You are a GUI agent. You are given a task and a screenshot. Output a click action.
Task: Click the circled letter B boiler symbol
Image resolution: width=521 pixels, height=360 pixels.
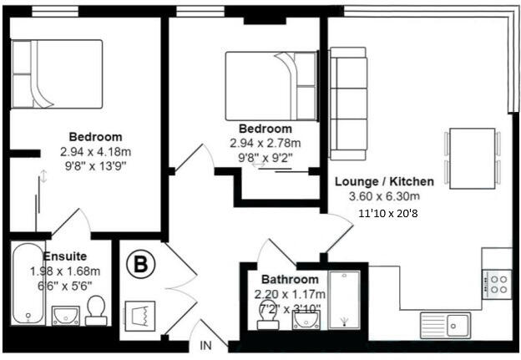tap(141, 265)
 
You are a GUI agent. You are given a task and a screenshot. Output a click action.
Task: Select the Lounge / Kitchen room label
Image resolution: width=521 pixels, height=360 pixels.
tap(384, 181)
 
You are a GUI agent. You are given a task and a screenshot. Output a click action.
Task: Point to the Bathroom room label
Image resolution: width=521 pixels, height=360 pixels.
tap(289, 279)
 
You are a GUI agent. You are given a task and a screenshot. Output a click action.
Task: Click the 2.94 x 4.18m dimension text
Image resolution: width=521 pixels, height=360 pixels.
tap(95, 152)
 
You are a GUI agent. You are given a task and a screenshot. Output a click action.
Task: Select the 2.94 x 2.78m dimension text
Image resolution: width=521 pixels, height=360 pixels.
tap(265, 143)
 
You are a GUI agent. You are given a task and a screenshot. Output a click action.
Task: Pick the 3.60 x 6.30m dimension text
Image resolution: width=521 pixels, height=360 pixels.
tap(384, 196)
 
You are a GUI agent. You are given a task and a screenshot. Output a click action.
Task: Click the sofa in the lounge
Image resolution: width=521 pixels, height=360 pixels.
tap(348, 104)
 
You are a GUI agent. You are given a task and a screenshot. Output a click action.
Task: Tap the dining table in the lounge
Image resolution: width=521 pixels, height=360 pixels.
tap(472, 159)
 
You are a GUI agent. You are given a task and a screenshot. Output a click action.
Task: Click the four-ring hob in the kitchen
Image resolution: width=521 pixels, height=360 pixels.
tap(498, 283)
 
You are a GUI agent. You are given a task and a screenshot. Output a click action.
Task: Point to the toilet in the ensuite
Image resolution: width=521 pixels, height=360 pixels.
tap(95, 310)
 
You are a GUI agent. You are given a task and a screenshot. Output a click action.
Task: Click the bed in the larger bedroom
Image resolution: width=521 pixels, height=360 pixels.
tap(57, 74)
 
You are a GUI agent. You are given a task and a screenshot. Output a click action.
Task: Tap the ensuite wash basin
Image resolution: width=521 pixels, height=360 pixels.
tap(64, 315)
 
